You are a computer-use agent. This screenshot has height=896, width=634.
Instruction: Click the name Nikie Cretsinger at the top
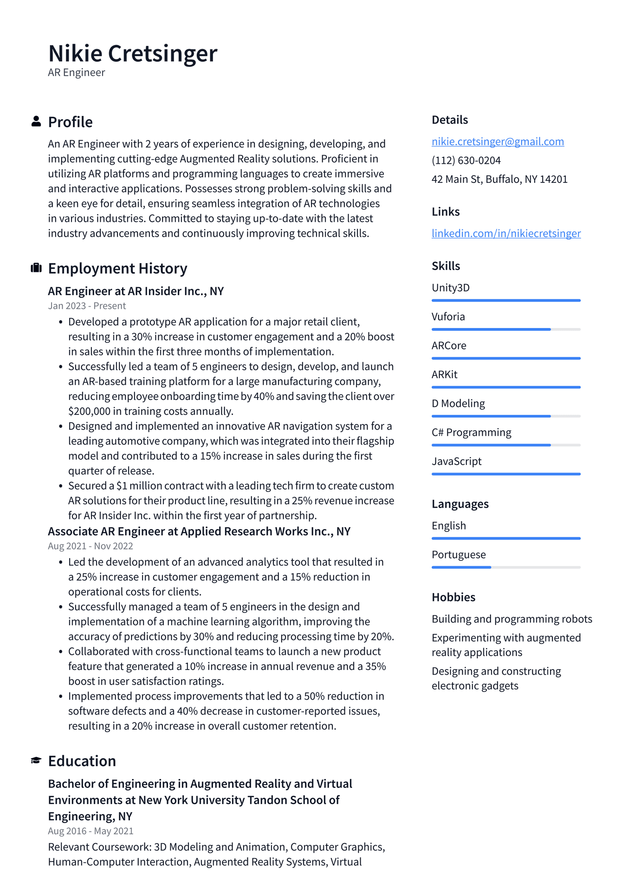[x=132, y=53]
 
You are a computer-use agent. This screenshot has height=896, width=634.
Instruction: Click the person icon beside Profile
[x=36, y=122]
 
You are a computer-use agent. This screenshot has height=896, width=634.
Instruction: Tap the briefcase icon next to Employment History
[x=36, y=268]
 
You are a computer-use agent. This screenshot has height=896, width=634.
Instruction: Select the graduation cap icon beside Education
[x=36, y=761]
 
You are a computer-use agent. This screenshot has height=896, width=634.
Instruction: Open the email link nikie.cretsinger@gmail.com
[x=498, y=142]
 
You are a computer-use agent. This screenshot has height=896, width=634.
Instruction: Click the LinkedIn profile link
[x=506, y=233]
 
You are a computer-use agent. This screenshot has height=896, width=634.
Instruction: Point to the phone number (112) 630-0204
[x=466, y=161]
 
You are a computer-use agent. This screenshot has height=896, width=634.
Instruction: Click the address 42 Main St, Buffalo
[x=499, y=179]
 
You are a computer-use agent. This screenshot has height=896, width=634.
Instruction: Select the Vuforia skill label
[x=448, y=316]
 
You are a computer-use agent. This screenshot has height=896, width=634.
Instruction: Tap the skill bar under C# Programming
[x=506, y=445]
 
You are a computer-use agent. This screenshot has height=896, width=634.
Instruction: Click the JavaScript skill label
[x=456, y=461]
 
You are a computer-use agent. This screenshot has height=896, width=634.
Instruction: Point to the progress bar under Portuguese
[x=506, y=567]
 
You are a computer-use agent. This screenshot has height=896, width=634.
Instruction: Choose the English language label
[x=448, y=526]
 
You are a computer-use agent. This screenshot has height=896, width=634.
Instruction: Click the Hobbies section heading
[x=453, y=597]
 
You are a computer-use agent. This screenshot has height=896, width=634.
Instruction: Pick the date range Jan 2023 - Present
[x=87, y=306]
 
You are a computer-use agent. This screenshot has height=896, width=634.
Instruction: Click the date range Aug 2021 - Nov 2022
[x=90, y=546]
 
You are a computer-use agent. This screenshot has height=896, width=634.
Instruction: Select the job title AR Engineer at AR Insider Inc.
[x=136, y=291]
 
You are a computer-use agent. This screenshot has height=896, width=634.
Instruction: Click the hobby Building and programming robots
[x=511, y=619]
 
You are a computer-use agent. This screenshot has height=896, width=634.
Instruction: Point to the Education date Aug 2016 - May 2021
[x=91, y=831]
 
